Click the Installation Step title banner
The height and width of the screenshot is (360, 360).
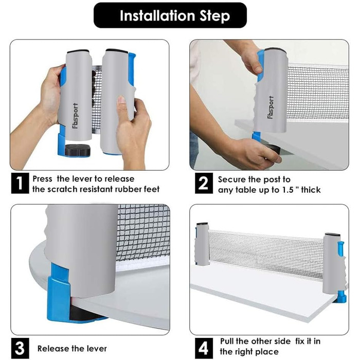[x=170, y=15]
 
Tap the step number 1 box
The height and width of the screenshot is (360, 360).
[x=20, y=183]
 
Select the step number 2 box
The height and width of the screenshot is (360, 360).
[x=204, y=183]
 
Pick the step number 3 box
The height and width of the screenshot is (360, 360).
[x=20, y=348]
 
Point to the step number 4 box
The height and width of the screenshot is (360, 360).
[x=204, y=348]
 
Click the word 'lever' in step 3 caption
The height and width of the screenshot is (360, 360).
[x=96, y=349]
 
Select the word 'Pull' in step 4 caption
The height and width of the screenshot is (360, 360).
[x=227, y=341]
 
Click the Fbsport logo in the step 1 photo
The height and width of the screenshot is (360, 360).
[x=75, y=116]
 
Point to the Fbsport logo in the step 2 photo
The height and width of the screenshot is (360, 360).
[x=271, y=107]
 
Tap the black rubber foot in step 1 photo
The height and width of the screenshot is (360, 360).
[x=77, y=150]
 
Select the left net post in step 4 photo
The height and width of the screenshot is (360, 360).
[x=202, y=244]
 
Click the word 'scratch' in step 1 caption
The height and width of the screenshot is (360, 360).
[x=62, y=189]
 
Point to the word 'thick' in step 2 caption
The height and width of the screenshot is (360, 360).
[x=311, y=190]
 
